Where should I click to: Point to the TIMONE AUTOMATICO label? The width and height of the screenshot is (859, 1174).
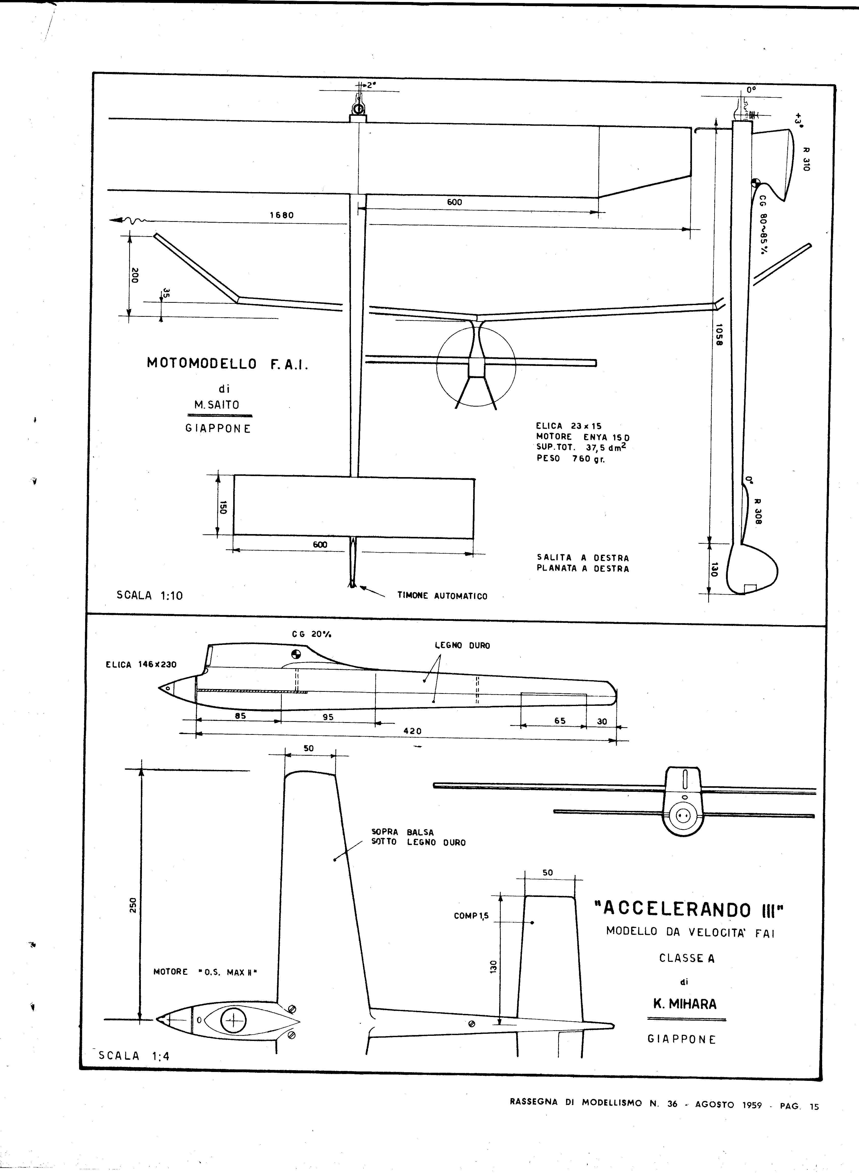click(442, 596)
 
